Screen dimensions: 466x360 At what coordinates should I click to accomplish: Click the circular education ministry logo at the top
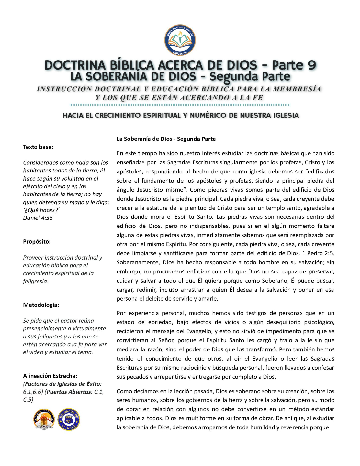180,40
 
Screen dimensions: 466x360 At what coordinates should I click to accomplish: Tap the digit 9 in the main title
311,65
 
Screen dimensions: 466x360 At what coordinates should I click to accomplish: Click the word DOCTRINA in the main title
75,65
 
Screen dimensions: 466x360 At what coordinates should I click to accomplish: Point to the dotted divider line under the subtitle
180,105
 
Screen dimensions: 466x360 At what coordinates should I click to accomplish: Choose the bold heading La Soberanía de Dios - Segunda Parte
166,139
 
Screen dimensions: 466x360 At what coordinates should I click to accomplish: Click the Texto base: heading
38,147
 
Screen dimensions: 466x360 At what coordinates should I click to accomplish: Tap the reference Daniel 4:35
38,218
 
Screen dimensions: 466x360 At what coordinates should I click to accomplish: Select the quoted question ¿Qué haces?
41,210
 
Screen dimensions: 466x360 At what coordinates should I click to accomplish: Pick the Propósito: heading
37,242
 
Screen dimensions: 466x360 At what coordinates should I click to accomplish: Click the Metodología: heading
41,305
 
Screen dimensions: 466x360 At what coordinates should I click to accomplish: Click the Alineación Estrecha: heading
50,376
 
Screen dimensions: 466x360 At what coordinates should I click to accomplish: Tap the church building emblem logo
44,419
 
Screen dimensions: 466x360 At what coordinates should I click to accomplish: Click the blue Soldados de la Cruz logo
69,419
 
